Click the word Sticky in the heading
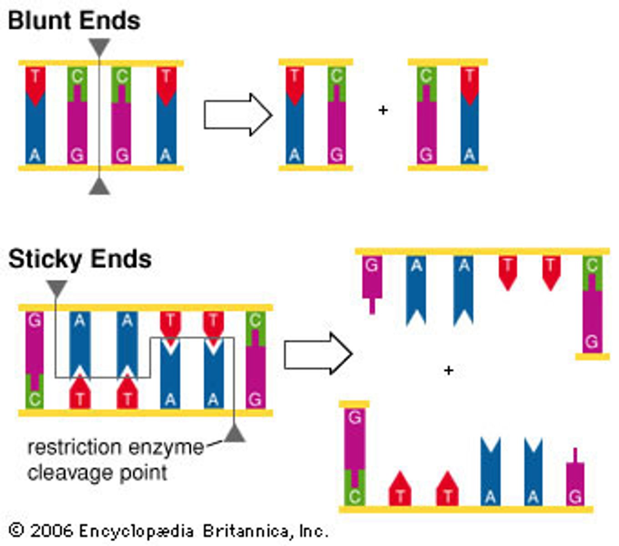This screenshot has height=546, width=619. [44, 259]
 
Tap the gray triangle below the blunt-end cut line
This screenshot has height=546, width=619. [99, 187]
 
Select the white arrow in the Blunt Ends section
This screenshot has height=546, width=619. [237, 115]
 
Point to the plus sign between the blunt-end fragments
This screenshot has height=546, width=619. [383, 110]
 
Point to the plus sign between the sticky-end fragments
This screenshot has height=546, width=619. [448, 370]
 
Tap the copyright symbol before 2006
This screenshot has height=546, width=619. [17, 531]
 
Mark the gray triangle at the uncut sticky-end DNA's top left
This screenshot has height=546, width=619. [56, 288]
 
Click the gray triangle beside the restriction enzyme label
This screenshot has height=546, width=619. [235, 434]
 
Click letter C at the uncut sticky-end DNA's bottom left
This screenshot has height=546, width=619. [35, 399]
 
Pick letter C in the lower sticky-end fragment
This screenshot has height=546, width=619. [355, 495]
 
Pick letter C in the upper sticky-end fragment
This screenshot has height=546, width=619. [592, 265]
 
